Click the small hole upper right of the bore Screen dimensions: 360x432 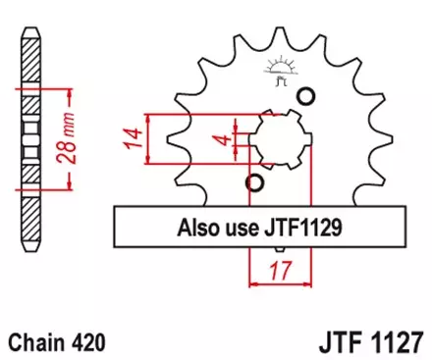(306, 95)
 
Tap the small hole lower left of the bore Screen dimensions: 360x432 (255, 183)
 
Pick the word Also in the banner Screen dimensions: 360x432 (195, 229)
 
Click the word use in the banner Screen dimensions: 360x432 (238, 229)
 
